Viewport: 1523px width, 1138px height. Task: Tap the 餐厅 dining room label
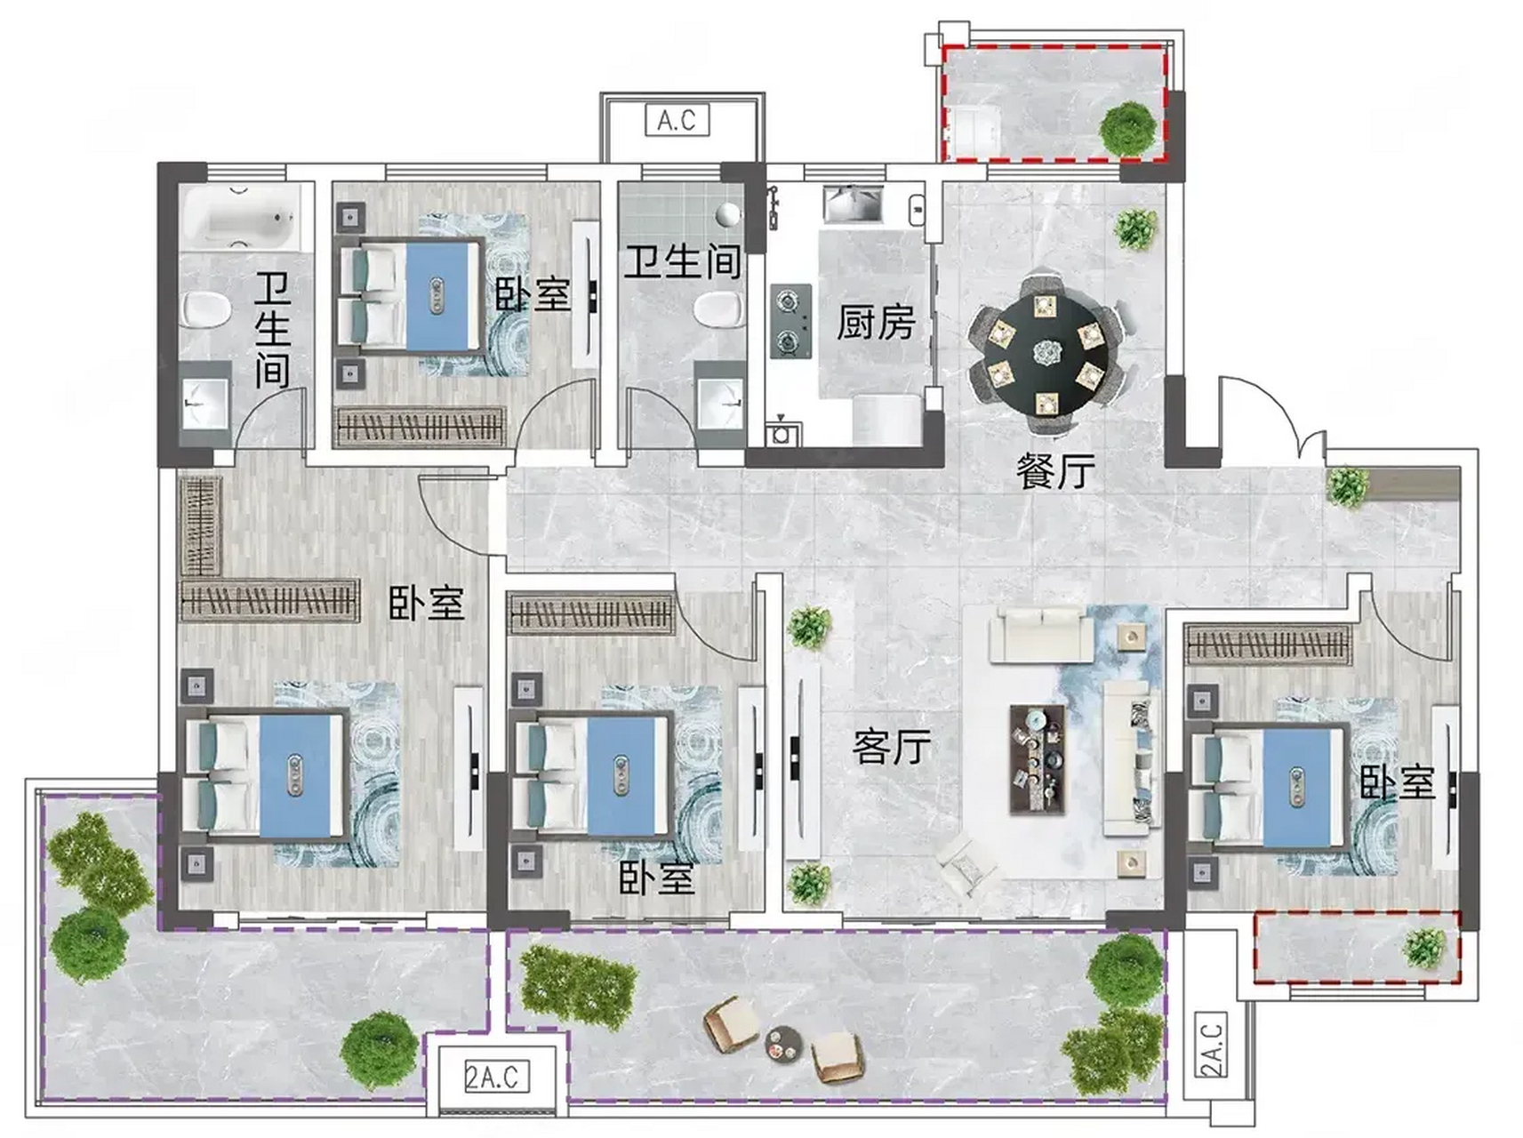pyautogui.click(x=1055, y=471)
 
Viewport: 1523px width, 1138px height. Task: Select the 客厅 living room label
pyautogui.click(x=891, y=747)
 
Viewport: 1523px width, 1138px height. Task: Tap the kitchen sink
pyautogui.click(x=853, y=204)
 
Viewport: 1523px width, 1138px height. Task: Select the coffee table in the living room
pyautogui.click(x=1038, y=758)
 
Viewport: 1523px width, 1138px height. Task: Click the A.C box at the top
pyautogui.click(x=677, y=120)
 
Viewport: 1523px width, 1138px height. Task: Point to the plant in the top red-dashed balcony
pyautogui.click(x=1129, y=130)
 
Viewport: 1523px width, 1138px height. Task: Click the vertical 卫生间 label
pyautogui.click(x=273, y=330)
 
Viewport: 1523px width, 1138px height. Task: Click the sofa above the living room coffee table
pyautogui.click(x=1042, y=635)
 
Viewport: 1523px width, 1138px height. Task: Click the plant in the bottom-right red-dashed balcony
pyautogui.click(x=1424, y=948)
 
